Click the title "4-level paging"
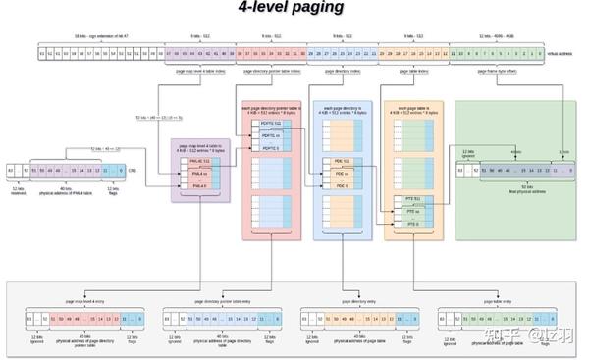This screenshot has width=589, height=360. click(291, 9)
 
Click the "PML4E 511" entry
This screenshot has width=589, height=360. click(199, 159)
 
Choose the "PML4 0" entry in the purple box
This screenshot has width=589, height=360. click(199, 184)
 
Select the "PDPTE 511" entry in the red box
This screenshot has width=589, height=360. click(269, 122)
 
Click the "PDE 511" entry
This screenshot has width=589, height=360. click(343, 160)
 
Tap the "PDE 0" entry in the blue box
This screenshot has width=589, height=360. click(343, 185)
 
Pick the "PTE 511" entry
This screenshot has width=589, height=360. click(413, 199)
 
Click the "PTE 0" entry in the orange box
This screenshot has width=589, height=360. click(413, 225)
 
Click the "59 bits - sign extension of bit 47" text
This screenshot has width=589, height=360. click(92, 34)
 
